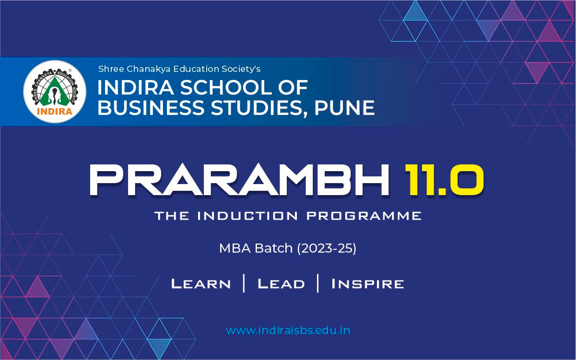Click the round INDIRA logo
pos(55,92)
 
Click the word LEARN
pos(201,284)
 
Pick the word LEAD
pos(281,284)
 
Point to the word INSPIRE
pos(367,284)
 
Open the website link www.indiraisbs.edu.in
pos(288,330)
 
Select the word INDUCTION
pos(249,216)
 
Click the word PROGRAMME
pos(364,216)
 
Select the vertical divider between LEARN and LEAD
pos(244,283)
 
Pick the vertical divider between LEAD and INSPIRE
pos(318,283)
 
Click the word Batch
pos(274,248)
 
